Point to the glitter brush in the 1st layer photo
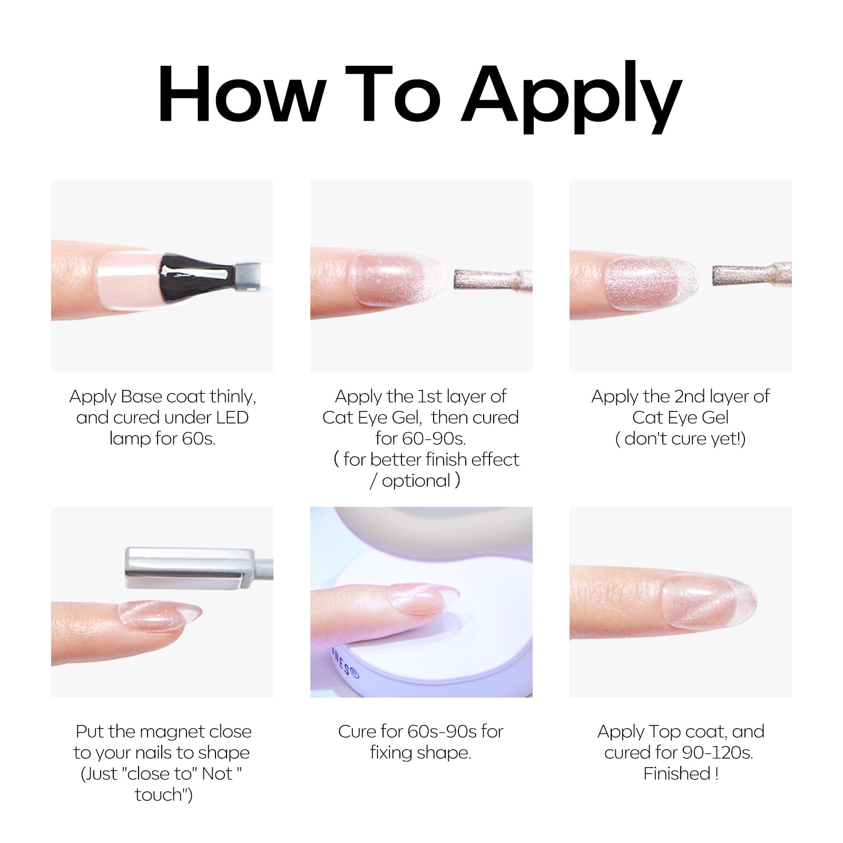493,280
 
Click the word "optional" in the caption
416,481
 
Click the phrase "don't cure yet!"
684,438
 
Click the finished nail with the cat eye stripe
709,601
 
